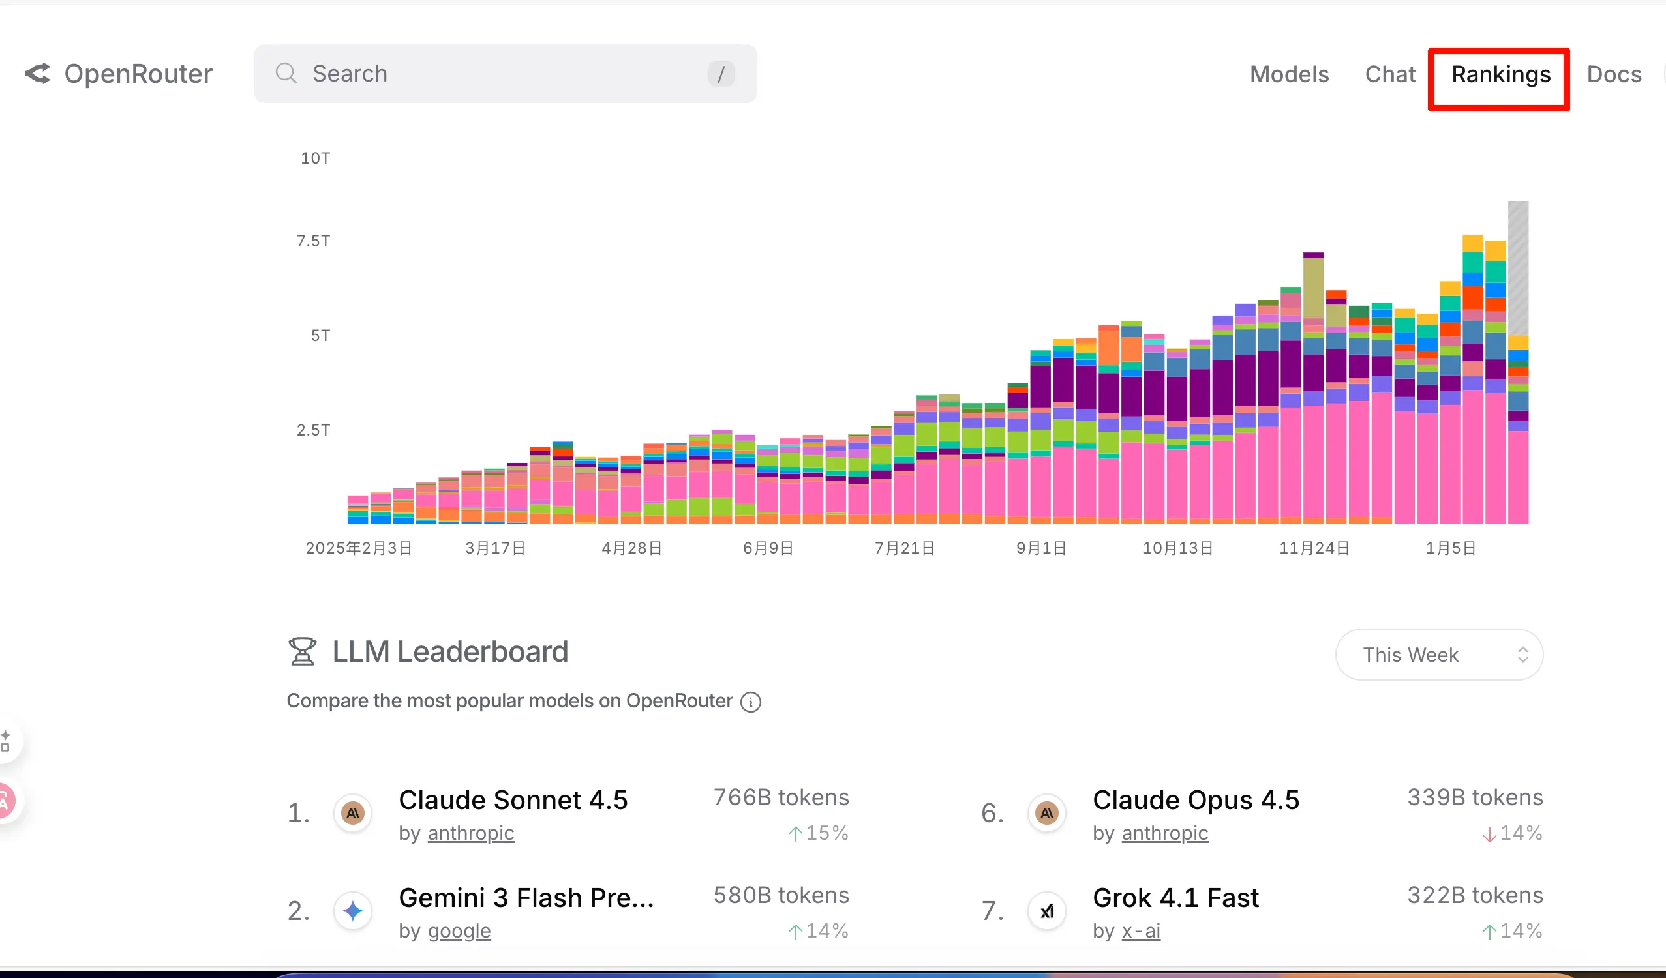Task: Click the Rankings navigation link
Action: pos(1500,75)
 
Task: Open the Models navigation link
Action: pos(1288,75)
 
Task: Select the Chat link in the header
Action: pos(1389,75)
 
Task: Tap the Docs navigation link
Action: pos(1613,75)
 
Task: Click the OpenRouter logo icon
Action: pos(38,73)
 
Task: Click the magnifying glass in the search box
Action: pos(286,73)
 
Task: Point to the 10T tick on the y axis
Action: pos(315,158)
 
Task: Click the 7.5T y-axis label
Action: pos(312,241)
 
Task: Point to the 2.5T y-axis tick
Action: pos(312,430)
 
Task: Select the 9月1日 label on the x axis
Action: pos(1040,548)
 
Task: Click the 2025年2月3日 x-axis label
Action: pos(359,548)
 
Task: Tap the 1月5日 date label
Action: pos(1451,548)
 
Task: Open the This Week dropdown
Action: pos(1438,655)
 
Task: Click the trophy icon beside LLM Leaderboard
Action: pos(302,651)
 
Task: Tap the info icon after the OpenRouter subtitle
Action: pos(750,702)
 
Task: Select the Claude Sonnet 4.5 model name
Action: pos(513,800)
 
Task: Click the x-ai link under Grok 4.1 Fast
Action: pos(1140,931)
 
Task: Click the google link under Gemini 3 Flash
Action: pos(459,931)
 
